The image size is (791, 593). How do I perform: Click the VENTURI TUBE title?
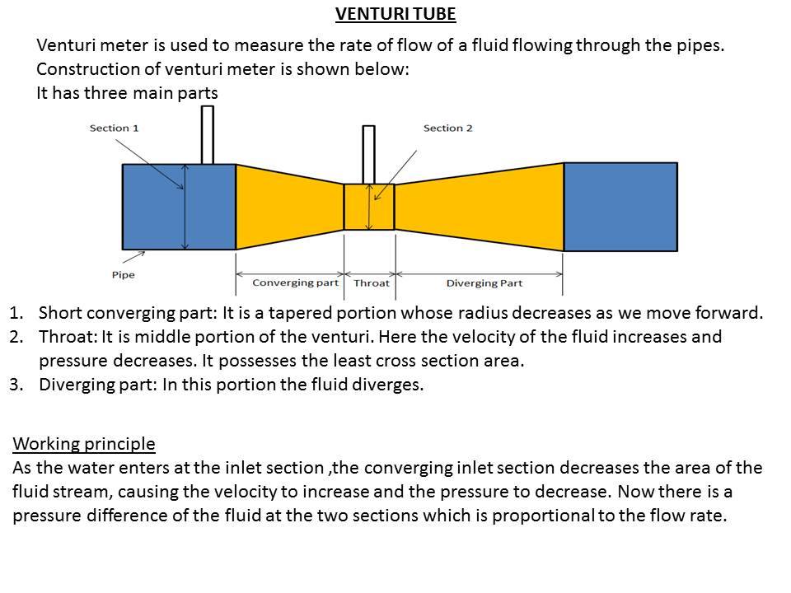395,14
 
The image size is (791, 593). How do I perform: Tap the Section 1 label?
114,128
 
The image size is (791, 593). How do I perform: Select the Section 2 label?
448,128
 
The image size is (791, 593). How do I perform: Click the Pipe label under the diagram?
123,275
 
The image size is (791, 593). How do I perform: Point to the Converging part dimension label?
296,282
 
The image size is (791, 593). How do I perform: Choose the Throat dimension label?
372,282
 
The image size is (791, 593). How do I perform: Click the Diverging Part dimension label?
484,282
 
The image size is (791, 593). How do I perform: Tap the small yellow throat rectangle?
369,207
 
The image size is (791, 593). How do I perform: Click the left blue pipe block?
179,207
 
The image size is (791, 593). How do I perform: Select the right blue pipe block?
620,207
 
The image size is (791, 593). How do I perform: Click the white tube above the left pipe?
208,134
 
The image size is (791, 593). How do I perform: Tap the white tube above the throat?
369,155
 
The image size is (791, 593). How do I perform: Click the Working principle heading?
84,444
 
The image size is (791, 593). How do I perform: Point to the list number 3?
16,385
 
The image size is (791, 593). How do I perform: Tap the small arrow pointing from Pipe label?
133,257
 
